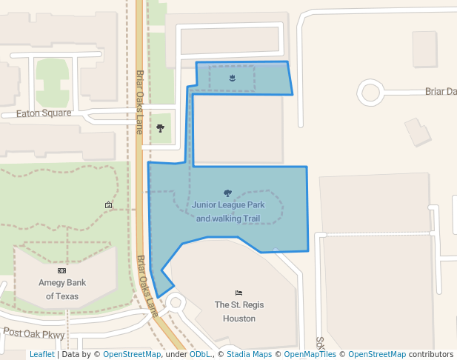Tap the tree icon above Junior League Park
[x=227, y=193]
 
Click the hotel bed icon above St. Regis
[x=238, y=293]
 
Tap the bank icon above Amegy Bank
[x=61, y=271]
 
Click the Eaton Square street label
[x=44, y=113]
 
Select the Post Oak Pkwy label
[x=35, y=333]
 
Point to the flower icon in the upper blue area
[x=233, y=78]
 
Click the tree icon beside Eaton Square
[x=161, y=128]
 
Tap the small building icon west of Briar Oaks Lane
[x=109, y=204]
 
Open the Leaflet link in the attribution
[x=41, y=355]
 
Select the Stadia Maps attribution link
[x=249, y=355]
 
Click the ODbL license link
[x=199, y=355]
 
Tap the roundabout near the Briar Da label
[x=370, y=93]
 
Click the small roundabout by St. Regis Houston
[x=176, y=301]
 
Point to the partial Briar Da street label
[x=440, y=91]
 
